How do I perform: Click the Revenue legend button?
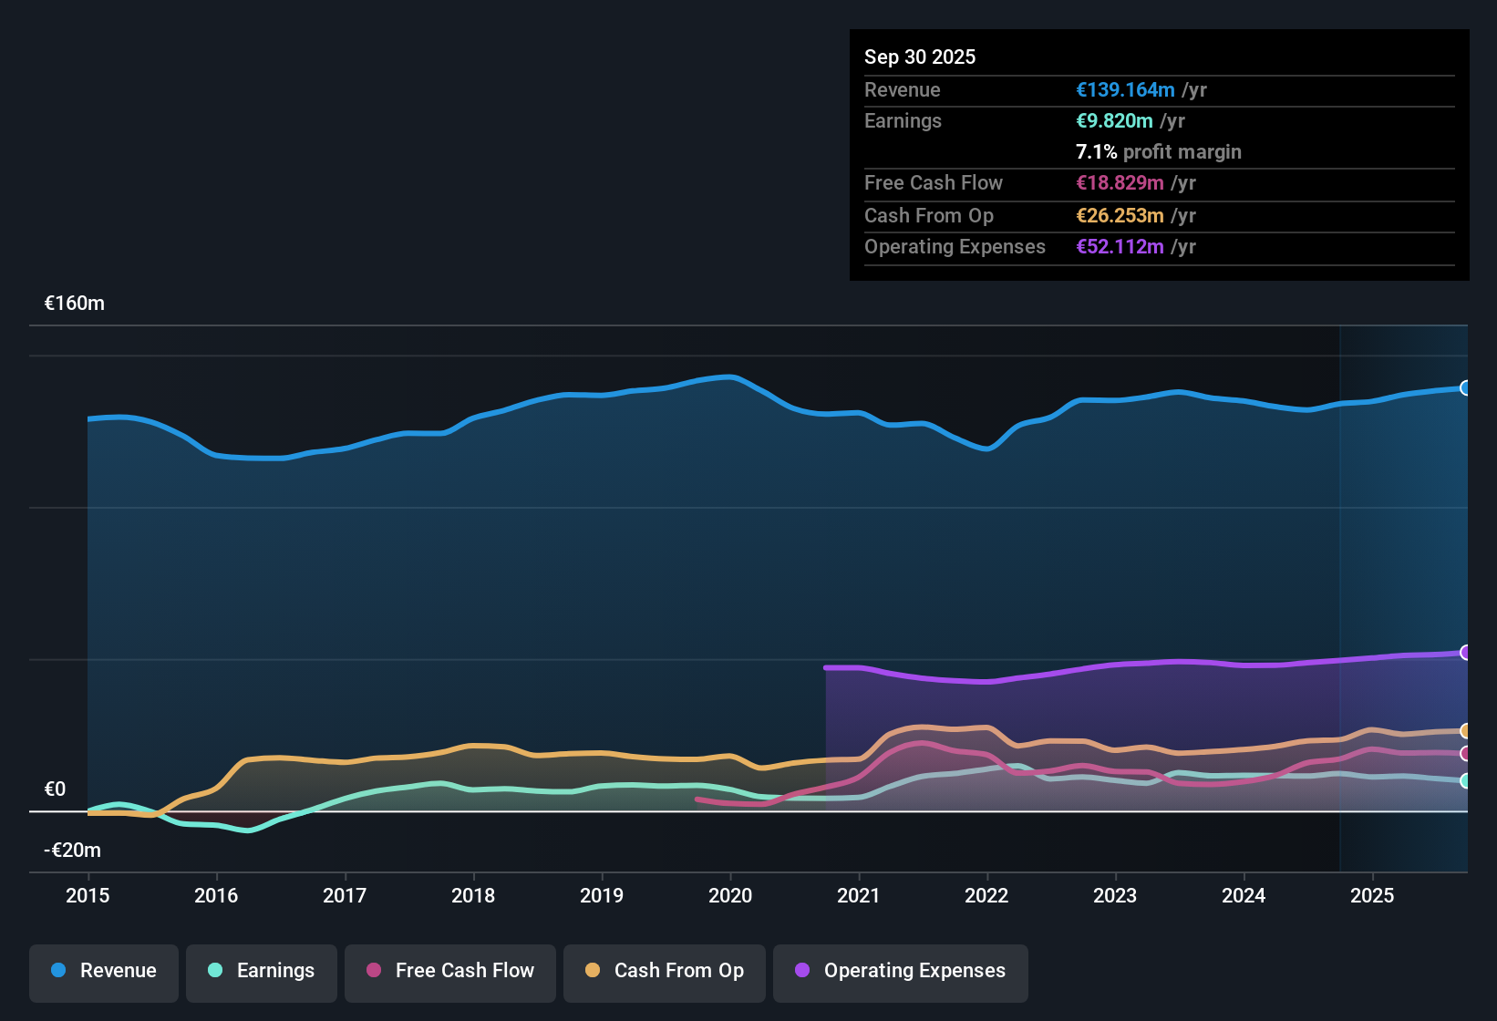coord(104,971)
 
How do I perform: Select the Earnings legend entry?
coord(262,971)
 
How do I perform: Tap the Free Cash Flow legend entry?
coord(450,971)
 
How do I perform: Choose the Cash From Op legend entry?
coord(665,971)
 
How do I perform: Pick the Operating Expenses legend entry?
coord(901,971)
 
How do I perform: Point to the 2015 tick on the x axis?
coord(88,895)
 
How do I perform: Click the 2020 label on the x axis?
coord(730,895)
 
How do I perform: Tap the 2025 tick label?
coord(1371,895)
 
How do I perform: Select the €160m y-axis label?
coord(75,304)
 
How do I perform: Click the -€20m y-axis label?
coord(73,851)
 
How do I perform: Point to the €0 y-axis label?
coord(55,789)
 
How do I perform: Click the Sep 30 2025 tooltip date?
coord(919,57)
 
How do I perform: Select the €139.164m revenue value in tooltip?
coord(1125,90)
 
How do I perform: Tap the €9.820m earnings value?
coord(1114,121)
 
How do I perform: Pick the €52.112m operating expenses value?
coord(1120,247)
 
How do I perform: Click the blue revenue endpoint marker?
coord(1465,388)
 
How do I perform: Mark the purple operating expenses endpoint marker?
coord(1465,653)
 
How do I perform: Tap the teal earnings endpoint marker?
coord(1465,781)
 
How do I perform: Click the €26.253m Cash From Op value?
coord(1120,216)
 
